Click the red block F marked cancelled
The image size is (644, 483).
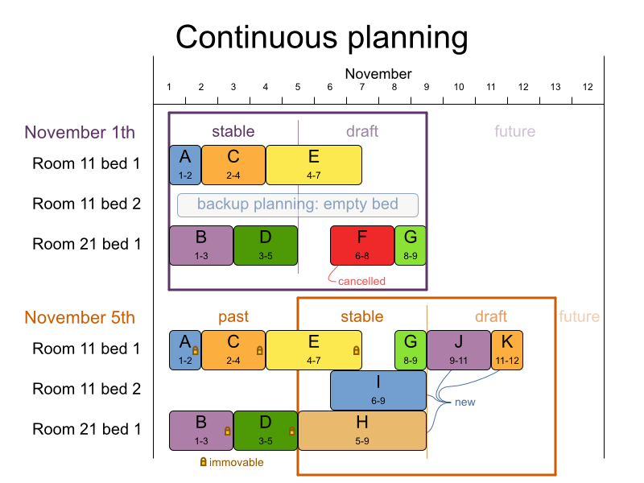click(x=361, y=245)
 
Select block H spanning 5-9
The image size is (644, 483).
click(x=361, y=430)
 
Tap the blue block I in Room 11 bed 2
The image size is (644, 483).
click(x=378, y=390)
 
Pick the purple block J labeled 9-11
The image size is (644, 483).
click(x=458, y=349)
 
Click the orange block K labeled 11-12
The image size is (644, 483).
click(x=507, y=349)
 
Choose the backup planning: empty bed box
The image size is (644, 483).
click(x=298, y=204)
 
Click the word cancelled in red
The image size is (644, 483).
click(x=361, y=281)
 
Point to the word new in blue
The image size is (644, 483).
click(x=464, y=402)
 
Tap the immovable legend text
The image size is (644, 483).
click(x=236, y=462)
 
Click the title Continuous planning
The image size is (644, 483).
click(x=321, y=37)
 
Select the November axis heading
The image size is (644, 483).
click(x=378, y=74)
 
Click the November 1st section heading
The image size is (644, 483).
click(x=80, y=132)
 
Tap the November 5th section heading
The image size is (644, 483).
click(x=80, y=317)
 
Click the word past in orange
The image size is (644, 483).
click(x=233, y=316)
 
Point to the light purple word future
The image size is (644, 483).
click(x=514, y=131)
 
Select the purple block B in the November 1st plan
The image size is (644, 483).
click(x=201, y=245)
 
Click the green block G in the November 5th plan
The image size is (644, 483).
click(x=411, y=349)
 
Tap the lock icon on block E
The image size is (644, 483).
click(x=356, y=351)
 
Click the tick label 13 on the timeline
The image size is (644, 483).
click(x=555, y=87)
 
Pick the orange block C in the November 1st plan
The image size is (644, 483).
click(x=233, y=164)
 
